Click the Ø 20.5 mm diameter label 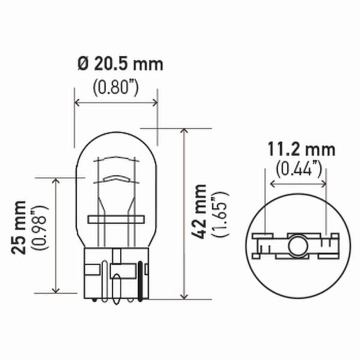121,64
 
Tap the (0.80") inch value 116,88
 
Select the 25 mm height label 19,227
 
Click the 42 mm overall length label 199,211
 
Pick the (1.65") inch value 221,214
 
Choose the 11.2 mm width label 301,150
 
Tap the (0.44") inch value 299,169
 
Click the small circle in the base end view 298,247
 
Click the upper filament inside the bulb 116,158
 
